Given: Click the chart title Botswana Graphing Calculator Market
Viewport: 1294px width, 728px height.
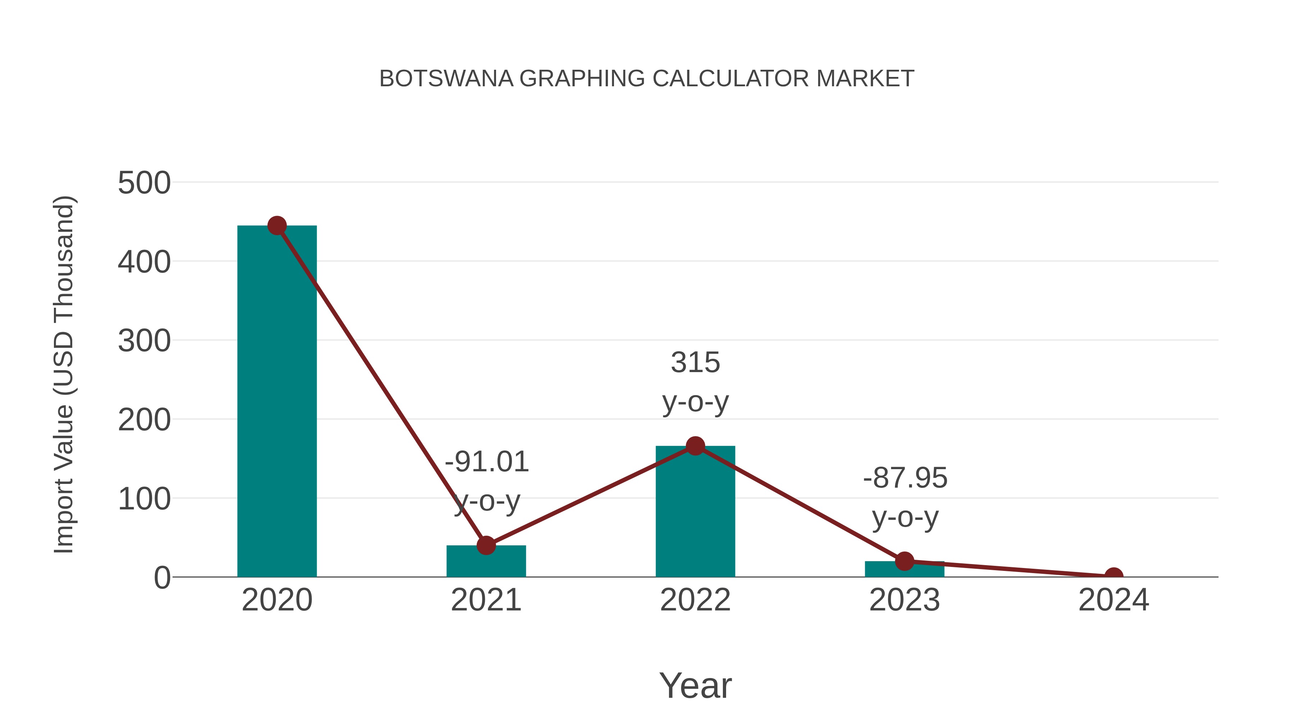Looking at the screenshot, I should click(x=647, y=79).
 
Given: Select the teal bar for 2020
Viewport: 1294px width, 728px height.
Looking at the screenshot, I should click(x=277, y=402).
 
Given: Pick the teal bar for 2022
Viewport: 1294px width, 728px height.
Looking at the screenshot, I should click(x=695, y=512).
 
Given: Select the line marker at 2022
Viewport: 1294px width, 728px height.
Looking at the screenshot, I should click(x=695, y=446).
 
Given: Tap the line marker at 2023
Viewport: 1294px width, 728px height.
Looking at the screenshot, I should click(x=904, y=561).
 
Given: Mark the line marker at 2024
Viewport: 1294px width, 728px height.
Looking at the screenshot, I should click(x=1114, y=576).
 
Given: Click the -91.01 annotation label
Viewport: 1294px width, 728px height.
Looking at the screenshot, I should click(x=487, y=462).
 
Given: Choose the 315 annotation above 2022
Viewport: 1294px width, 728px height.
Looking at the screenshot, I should click(x=695, y=362).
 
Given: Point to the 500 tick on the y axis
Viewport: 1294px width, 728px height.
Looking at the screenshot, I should click(x=144, y=183).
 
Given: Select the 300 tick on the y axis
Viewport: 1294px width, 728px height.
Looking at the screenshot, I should click(x=144, y=341).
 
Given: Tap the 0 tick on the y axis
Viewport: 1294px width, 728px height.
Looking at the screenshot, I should click(x=162, y=578).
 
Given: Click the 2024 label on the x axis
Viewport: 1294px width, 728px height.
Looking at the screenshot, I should click(x=1114, y=600).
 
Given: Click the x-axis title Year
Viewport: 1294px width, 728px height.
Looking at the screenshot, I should click(x=695, y=685).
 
